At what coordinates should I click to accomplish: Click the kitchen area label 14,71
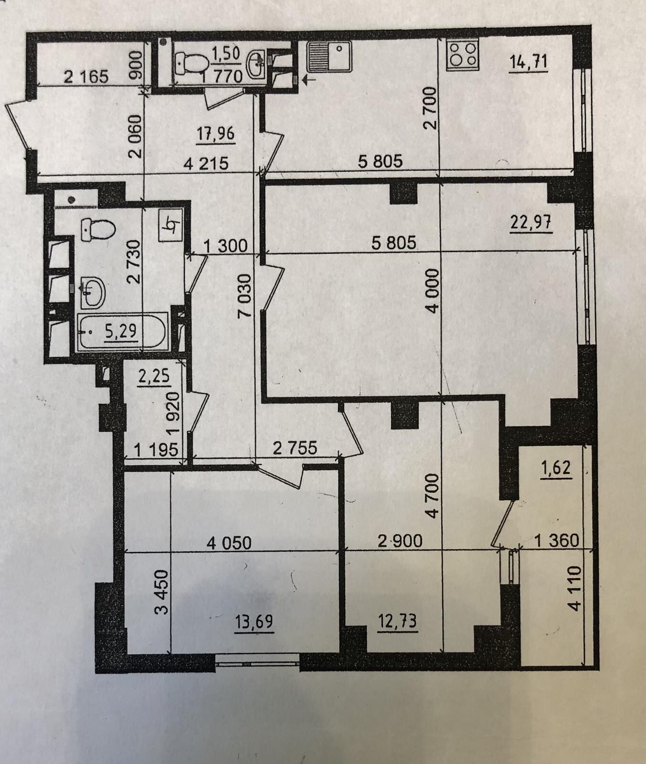coord(528,63)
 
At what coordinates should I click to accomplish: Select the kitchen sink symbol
coord(329,56)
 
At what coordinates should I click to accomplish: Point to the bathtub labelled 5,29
coord(122,331)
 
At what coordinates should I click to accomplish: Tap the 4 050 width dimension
coord(229,543)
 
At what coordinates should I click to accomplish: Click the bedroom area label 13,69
coord(254,623)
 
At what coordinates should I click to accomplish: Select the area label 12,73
coord(397,622)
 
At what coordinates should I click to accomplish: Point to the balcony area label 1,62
coord(555,468)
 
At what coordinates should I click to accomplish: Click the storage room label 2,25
coord(154,376)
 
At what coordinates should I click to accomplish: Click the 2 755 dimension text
coord(295,448)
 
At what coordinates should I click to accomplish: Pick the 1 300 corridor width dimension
coord(226,246)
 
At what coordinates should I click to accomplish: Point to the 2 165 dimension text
coord(86,76)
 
